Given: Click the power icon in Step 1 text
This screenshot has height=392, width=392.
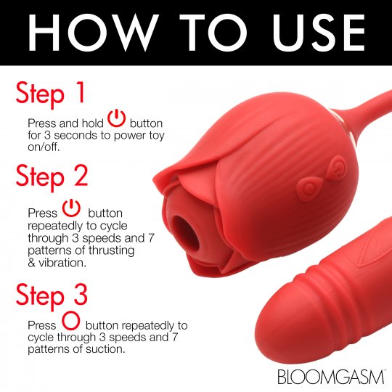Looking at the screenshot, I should point(117,118).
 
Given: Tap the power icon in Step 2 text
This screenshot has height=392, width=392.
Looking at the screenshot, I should point(70,210).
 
